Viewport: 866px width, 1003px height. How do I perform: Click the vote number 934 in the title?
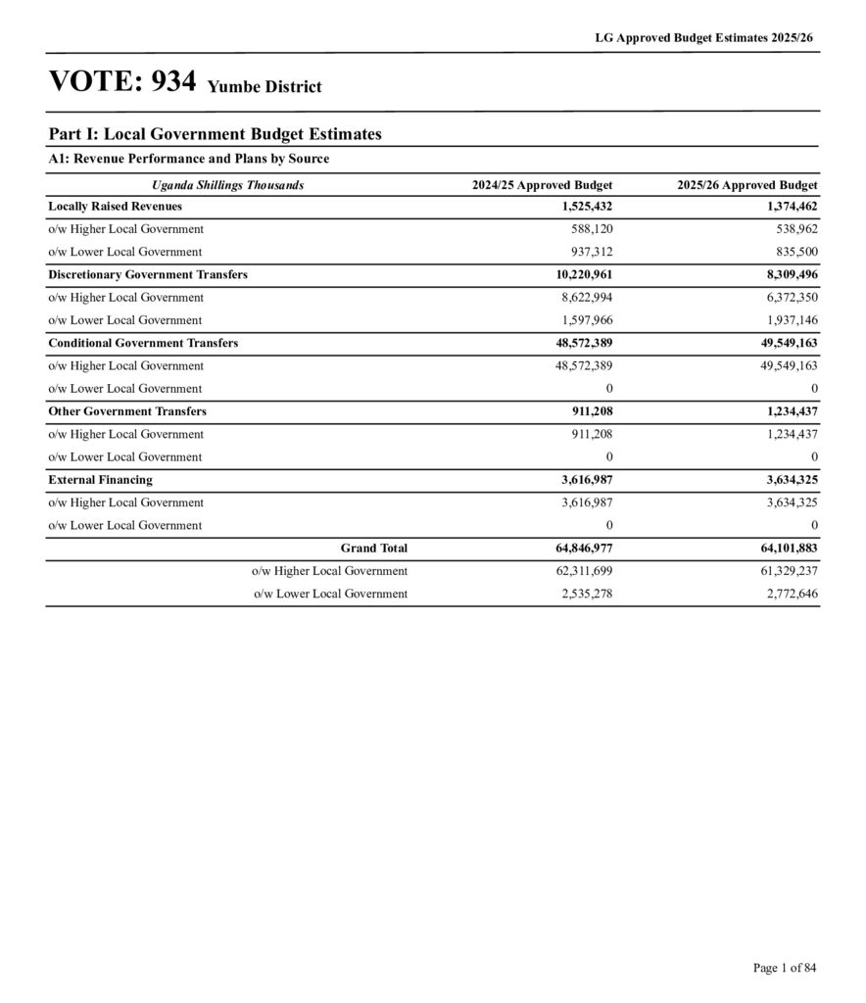(x=173, y=82)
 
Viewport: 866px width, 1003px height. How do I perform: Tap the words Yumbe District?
(x=265, y=87)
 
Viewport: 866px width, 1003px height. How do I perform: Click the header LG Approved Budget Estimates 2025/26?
(x=704, y=37)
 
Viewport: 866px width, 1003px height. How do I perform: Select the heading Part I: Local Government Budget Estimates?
(x=215, y=134)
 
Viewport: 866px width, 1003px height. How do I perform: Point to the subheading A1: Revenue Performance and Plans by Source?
(x=188, y=159)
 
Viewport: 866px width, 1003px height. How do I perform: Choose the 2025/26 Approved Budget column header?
(x=746, y=185)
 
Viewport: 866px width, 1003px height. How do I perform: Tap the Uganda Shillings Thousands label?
(x=227, y=185)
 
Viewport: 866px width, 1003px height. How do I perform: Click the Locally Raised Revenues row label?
(x=115, y=207)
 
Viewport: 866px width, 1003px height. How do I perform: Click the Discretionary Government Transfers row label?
(x=147, y=275)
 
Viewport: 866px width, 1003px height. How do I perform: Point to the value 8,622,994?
(x=587, y=298)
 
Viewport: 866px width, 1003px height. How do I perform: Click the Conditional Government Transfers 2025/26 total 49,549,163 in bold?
(x=783, y=343)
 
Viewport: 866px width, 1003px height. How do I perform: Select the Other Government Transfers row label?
(x=126, y=411)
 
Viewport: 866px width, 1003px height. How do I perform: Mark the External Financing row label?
(x=100, y=480)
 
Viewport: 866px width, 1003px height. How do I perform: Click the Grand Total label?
(x=373, y=549)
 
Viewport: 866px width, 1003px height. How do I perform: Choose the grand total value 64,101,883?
(x=783, y=549)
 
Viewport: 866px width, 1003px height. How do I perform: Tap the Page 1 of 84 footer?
(x=784, y=968)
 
